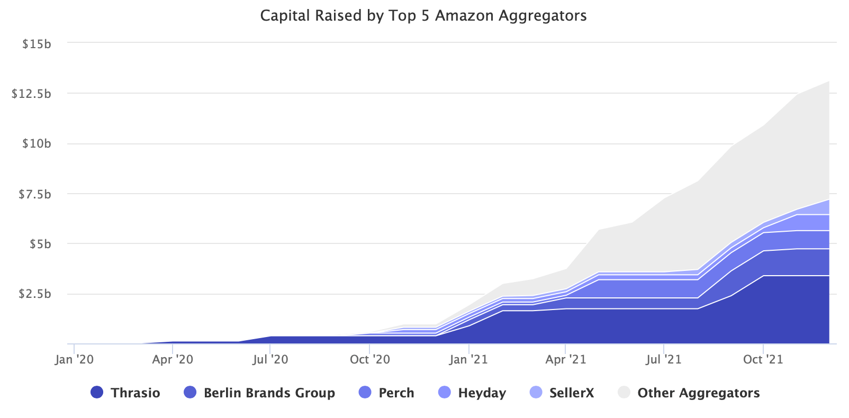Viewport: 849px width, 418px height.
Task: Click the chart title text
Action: [423, 16]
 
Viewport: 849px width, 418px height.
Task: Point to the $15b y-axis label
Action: [37, 44]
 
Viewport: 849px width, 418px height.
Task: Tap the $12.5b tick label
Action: [32, 94]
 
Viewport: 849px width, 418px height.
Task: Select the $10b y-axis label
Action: [37, 144]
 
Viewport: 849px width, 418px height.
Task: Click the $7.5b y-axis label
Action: [34, 194]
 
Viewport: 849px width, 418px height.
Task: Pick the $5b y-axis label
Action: [40, 244]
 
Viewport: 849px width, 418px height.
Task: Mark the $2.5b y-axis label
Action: [34, 294]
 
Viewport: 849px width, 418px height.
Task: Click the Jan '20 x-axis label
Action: [74, 360]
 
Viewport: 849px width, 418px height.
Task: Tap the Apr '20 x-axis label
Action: [173, 360]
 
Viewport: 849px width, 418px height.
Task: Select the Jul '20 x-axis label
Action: [270, 360]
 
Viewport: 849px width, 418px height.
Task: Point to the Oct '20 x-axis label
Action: [369, 360]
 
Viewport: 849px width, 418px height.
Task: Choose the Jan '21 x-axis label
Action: [468, 360]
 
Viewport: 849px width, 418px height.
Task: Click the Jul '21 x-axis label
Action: [664, 360]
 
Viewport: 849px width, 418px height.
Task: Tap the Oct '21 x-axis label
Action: [763, 360]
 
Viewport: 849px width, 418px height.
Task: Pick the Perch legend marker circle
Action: [365, 393]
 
